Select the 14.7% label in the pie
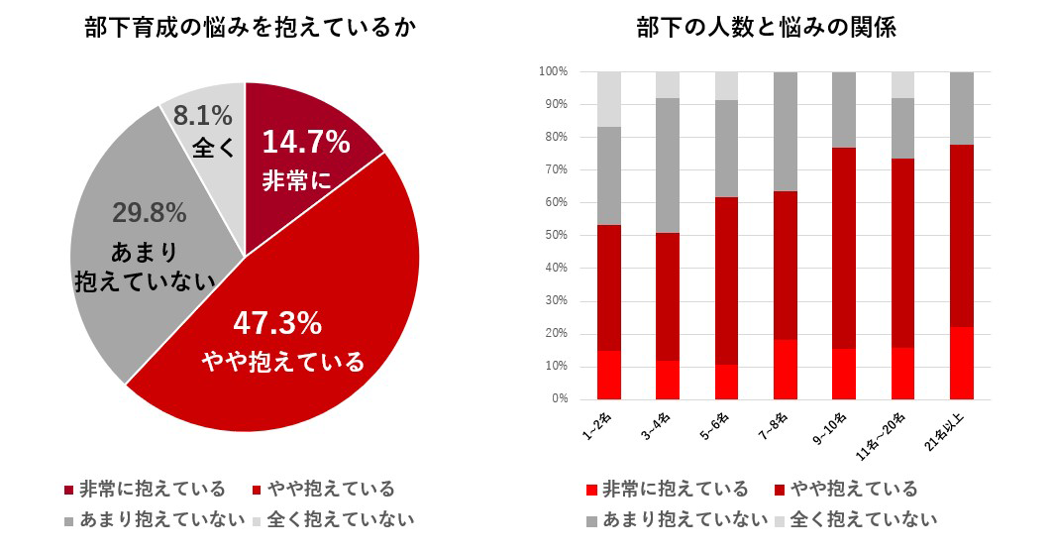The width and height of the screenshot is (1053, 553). click(x=305, y=143)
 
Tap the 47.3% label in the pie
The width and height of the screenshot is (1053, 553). click(x=277, y=323)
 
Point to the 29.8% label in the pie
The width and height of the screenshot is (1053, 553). click(x=151, y=212)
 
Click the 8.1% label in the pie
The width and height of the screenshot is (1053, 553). click(x=202, y=116)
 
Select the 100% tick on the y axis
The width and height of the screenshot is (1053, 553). click(x=551, y=72)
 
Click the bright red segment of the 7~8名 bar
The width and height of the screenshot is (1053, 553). click(x=785, y=369)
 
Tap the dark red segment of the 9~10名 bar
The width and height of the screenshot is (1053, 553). click(x=843, y=248)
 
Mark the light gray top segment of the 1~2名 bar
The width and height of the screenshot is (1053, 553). click(x=609, y=99)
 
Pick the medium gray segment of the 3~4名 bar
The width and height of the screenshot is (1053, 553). click(x=668, y=165)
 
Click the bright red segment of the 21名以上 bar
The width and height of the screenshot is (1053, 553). click(x=961, y=363)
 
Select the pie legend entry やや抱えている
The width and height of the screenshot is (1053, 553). click(x=328, y=490)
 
